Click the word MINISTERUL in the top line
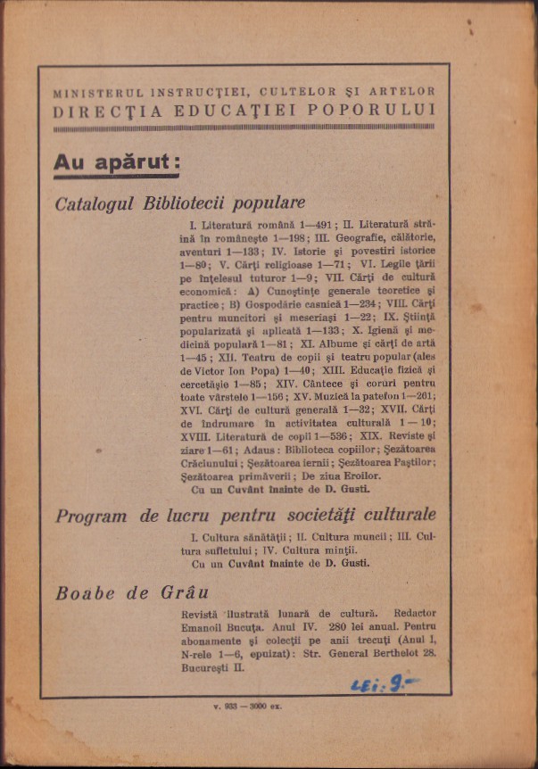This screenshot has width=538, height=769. [88, 91]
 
